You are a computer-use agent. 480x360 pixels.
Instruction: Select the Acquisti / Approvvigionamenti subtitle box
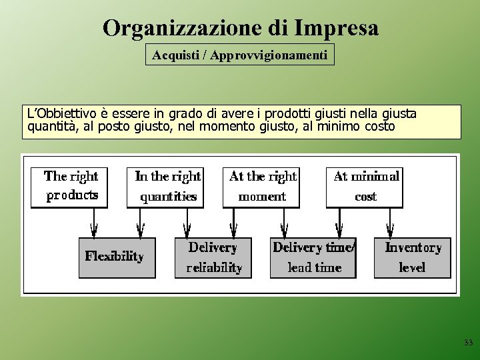coord(240,55)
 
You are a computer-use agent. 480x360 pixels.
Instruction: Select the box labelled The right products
coord(70,187)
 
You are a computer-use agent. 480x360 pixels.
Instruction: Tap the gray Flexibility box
coord(117,257)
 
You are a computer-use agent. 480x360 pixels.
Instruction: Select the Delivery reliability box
coord(213,257)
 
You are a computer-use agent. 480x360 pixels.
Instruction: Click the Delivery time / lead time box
coord(313,257)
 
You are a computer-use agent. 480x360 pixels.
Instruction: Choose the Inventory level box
coord(412,257)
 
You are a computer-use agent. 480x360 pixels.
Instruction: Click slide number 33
coord(468,343)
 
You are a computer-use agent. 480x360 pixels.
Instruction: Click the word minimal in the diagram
coord(375,177)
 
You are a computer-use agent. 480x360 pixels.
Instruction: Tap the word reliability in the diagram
coord(214,268)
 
